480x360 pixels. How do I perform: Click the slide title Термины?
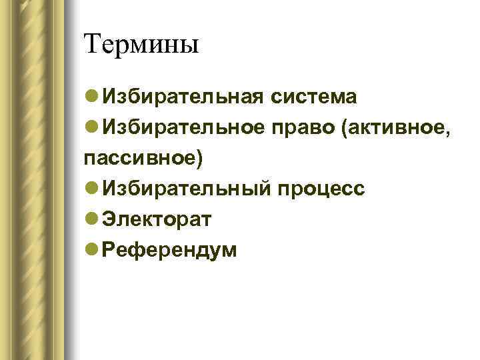(x=142, y=45)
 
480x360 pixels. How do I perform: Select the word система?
(x=313, y=97)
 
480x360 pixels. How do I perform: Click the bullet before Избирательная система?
(x=91, y=97)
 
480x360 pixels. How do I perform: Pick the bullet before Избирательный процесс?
(x=91, y=190)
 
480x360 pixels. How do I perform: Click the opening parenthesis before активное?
(x=343, y=129)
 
